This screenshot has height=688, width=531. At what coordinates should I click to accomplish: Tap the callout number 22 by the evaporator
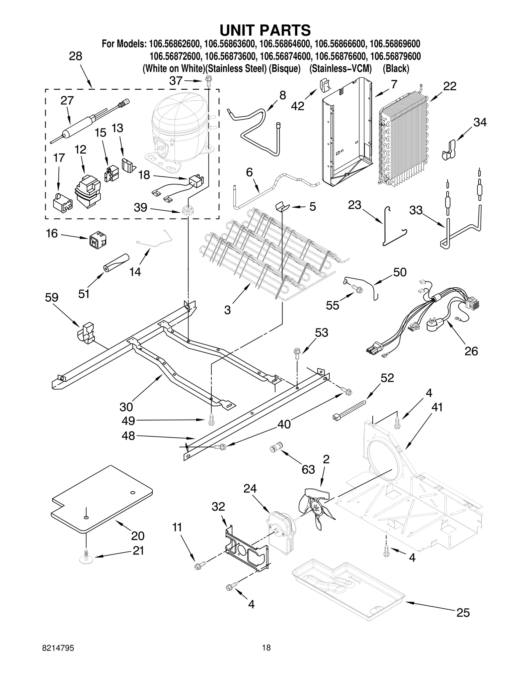point(450,86)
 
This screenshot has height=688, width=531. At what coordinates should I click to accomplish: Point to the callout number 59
point(51,297)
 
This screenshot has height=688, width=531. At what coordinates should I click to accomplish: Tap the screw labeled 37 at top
point(209,81)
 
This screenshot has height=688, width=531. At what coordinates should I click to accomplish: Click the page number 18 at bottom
point(266,657)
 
